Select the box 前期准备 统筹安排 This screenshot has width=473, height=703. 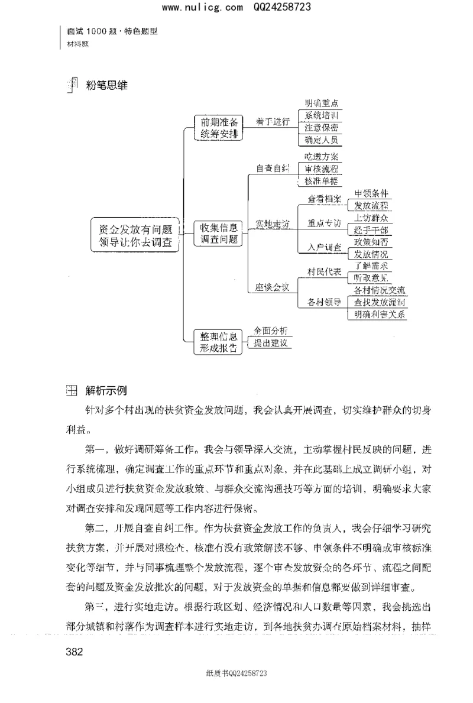tap(219, 128)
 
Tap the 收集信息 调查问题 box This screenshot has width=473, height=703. tap(219, 233)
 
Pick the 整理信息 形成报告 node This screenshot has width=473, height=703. tap(219, 342)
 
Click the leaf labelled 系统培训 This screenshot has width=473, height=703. tap(321, 115)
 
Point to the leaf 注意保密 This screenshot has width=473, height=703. tap(321, 128)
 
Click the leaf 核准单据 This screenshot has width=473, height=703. tap(321, 181)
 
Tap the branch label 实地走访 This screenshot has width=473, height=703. tap(273, 225)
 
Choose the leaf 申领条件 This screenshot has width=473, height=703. tap(371, 193)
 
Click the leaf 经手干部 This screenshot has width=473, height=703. tap(371, 230)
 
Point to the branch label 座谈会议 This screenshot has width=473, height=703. tap(273, 287)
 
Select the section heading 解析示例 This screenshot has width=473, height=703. tap(105, 391)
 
